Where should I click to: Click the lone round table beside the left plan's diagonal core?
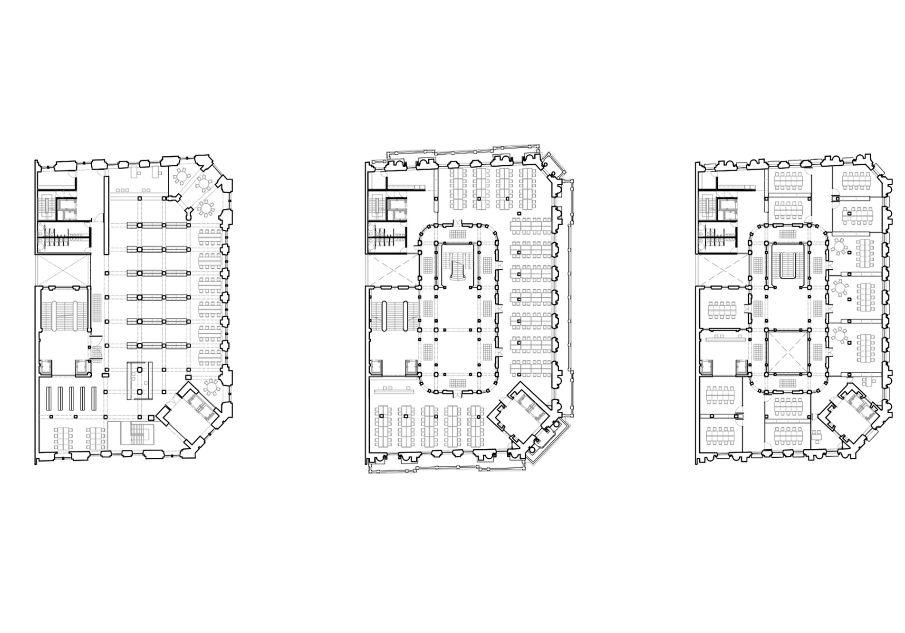point(210,387)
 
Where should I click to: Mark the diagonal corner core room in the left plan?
point(188,413)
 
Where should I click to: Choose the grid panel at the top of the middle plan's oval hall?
point(458,235)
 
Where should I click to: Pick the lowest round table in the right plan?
point(840,335)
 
